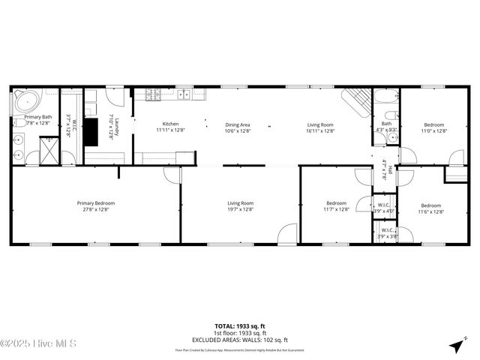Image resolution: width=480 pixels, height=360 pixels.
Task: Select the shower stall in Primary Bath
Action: coord(48,149)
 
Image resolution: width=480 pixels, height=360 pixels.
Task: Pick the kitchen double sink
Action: coord(183,95)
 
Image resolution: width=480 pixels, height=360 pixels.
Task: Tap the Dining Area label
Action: coord(238,127)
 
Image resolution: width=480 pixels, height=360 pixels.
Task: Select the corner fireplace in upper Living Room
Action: coord(355,100)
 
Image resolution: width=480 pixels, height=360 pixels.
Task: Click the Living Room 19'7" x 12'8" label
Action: coord(241,206)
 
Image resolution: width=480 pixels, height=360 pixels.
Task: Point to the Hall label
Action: coord(385,169)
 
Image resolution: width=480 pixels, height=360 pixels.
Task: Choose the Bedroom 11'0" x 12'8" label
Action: coord(434,127)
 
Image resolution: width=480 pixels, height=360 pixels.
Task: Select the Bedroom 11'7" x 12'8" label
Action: coord(337,206)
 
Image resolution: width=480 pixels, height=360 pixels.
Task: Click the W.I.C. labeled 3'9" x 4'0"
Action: coord(383,208)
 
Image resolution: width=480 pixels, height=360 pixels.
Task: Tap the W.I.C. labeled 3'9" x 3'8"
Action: coord(387,233)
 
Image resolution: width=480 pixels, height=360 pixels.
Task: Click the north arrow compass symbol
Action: coord(456,346)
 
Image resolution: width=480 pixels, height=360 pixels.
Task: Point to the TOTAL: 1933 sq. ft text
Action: coord(240,326)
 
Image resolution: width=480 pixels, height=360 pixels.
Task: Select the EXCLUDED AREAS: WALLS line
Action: coord(240,339)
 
